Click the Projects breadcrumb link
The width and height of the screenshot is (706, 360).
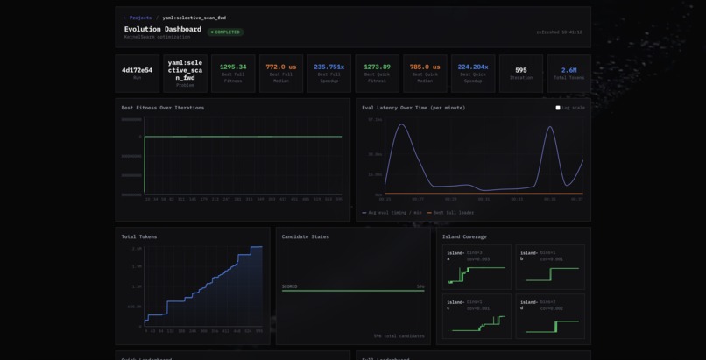(139, 18)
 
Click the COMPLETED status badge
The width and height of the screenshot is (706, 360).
(226, 32)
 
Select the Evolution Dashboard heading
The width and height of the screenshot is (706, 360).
(163, 29)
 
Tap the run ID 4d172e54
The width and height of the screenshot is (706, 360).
(137, 70)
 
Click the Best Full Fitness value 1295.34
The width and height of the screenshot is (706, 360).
(233, 67)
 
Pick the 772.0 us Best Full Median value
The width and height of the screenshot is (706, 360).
(281, 67)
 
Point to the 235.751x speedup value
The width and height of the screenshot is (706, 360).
(329, 67)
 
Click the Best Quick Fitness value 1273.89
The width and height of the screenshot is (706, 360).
(378, 67)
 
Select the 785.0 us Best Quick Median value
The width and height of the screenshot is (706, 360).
(425, 67)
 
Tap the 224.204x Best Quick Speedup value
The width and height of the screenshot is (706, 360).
(473, 67)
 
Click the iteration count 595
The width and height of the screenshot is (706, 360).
(521, 70)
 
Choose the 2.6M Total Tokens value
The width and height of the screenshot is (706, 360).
(569, 70)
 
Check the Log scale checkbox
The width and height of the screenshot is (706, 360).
(558, 108)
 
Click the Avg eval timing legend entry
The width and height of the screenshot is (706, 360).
(393, 213)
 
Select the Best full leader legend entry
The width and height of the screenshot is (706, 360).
(452, 213)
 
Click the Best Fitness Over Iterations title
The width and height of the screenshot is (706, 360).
(162, 108)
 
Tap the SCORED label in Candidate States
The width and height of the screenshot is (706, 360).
(289, 286)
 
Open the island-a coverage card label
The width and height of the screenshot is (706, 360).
(455, 255)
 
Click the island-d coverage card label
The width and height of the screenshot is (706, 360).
(528, 304)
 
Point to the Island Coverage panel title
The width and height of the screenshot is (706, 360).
(464, 236)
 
